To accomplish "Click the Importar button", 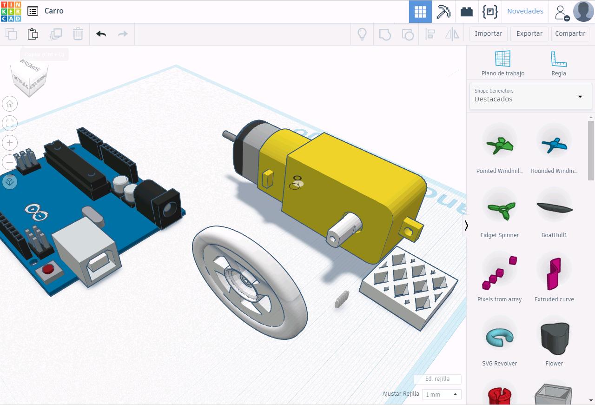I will point(488,33).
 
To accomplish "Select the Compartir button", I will point(570,33).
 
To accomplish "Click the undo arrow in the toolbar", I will point(101,34).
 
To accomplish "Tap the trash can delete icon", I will point(78,34).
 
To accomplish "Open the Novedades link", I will point(525,11).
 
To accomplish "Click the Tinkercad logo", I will point(11,11).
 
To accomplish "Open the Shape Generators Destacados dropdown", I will point(530,95).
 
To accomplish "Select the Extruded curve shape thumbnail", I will point(554,272).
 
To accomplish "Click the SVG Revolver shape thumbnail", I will point(499,337).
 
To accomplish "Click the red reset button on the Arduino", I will point(47,270).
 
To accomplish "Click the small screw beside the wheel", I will point(342,299).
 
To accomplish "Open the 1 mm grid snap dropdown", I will point(441,394).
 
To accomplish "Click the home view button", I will point(10,104).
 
